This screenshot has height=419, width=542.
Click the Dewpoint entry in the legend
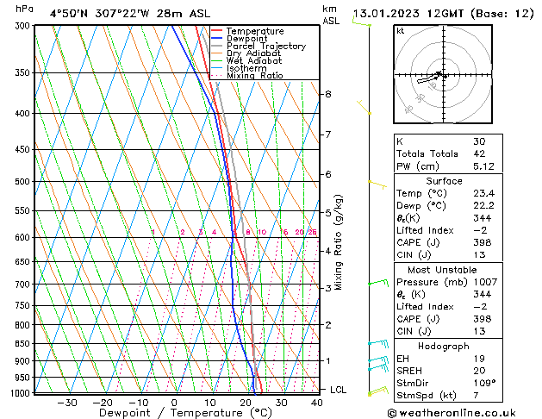click(x=248, y=39)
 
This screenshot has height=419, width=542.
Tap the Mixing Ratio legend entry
click(x=255, y=75)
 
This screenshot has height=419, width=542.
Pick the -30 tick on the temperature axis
click(x=66, y=402)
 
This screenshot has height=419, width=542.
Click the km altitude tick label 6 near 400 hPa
click(x=328, y=93)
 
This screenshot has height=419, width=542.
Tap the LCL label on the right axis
click(x=339, y=390)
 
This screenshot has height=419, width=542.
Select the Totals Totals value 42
click(x=479, y=153)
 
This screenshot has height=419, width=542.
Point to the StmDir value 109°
click(x=483, y=385)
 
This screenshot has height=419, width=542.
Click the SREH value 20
click(x=479, y=372)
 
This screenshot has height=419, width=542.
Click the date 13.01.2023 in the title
click(x=393, y=13)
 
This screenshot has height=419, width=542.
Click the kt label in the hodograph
click(x=400, y=31)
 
